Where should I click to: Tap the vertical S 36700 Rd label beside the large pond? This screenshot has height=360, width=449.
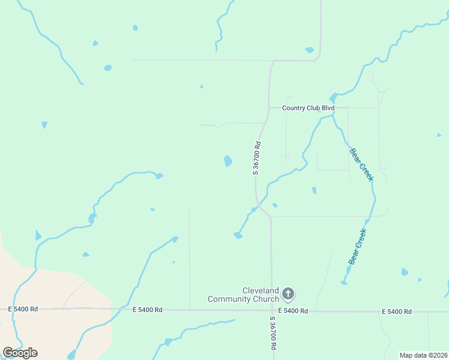coord(256,158)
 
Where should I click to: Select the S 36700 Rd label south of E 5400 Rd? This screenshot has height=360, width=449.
coord(273,334)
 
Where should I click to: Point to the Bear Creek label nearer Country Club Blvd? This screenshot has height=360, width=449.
coord(361,164)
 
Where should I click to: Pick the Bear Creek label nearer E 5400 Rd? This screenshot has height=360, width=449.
coord(357,246)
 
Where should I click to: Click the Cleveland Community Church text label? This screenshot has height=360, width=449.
coord(243,295)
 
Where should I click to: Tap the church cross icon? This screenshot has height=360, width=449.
coord(288,294)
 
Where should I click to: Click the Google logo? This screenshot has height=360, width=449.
coord(20,352)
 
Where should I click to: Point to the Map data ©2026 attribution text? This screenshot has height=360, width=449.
coord(423,355)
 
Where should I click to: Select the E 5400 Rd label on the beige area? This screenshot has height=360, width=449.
coord(23,309)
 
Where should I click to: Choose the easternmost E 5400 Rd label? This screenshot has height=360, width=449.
coord(396,311)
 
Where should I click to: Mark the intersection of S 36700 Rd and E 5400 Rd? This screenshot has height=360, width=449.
coord(271,310)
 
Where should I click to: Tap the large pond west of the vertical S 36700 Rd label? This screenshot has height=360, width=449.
coord(228,161)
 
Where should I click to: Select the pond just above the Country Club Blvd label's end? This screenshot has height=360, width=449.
coord(333,97)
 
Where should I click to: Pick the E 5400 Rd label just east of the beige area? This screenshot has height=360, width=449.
coord(148,310)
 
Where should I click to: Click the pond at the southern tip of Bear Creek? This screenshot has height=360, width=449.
coord(345,283)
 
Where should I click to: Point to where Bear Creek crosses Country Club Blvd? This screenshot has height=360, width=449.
coord(334,108)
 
